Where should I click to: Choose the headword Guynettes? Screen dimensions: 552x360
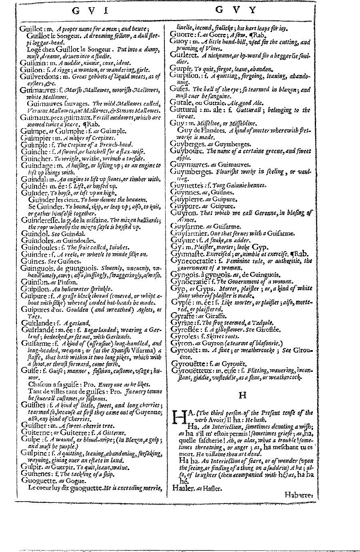[x=187, y=185]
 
